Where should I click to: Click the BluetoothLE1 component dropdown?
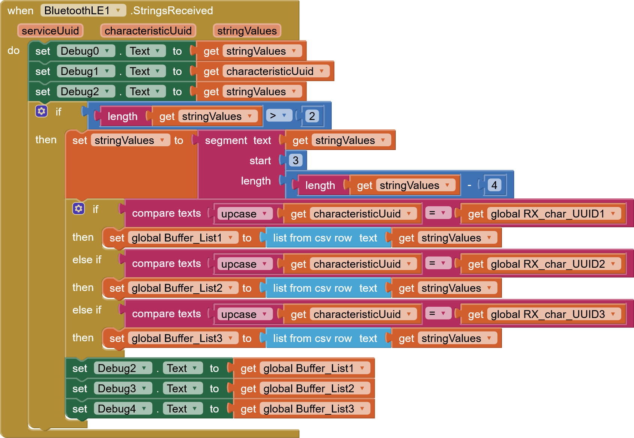pos(83,10)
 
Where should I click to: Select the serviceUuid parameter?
pos(50,31)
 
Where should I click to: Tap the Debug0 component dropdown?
pos(86,51)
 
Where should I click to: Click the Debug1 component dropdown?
pos(86,71)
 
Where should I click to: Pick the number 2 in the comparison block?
pos(312,116)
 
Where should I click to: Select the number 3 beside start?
pos(296,160)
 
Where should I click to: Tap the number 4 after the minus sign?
pos(494,185)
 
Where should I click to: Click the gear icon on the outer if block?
pos(41,111)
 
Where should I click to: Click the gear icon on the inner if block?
pos(78,208)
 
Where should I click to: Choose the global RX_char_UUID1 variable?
pos(553,214)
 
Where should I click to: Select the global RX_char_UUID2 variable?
pos(553,264)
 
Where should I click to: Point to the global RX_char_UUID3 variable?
pos(553,314)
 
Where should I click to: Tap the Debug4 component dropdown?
pos(122,409)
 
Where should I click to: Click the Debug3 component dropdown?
pos(122,388)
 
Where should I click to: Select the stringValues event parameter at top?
pos(247,31)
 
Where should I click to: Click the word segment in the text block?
pos(226,140)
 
